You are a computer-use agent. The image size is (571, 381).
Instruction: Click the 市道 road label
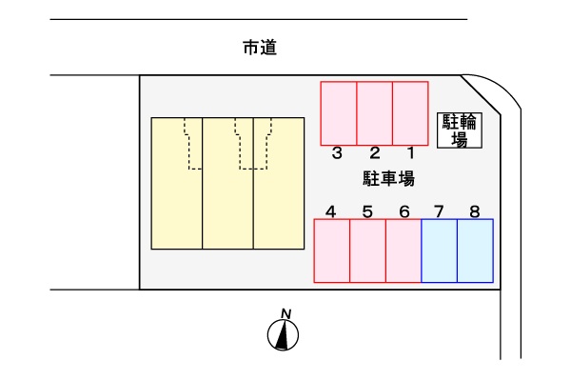point(260,48)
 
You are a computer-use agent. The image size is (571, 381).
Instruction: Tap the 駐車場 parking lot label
point(388,179)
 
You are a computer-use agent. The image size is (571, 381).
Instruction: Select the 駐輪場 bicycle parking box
point(460,130)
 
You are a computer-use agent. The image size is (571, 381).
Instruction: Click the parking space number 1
point(411,152)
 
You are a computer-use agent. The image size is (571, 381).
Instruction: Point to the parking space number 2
point(375,152)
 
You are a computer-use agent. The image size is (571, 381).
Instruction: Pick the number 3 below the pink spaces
point(337,152)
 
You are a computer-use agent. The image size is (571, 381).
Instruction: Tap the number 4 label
point(330,211)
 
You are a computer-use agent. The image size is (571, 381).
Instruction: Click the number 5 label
point(367,211)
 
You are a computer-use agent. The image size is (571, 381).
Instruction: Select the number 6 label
point(404,211)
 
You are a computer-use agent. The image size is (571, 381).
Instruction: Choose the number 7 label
point(439,211)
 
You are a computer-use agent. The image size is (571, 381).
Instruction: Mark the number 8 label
point(475,211)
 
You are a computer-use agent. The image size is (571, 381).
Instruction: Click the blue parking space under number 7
point(439,251)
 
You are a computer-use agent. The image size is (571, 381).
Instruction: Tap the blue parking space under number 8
point(475,251)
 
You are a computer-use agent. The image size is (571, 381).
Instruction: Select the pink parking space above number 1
point(410,113)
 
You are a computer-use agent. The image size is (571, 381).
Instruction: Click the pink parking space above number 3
point(339,113)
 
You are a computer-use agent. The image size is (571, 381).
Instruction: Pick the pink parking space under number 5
point(367,251)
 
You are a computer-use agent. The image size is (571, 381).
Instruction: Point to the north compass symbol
point(283,335)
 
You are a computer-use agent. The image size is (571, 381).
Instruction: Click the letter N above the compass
point(286,313)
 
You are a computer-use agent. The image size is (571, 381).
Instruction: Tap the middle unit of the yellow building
point(227,184)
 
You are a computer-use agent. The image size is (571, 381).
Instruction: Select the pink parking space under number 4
point(332,251)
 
